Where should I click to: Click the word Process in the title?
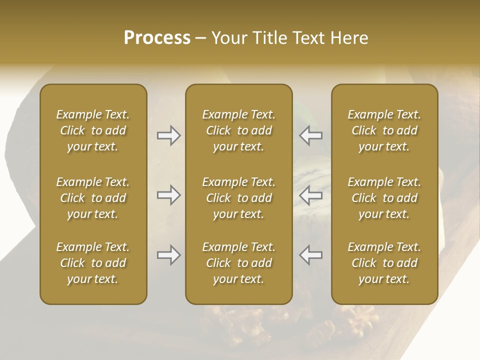pos(157,38)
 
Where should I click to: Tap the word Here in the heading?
pos(349,38)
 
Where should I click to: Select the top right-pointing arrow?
pos(168,135)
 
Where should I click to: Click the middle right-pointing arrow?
pos(168,195)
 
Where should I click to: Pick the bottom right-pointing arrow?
pos(168,255)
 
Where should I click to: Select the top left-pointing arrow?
pos(310,135)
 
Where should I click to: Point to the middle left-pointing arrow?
pos(310,195)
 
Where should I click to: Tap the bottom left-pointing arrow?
pos(310,255)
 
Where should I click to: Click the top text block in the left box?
pos(93,130)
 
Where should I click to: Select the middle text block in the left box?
pos(93,198)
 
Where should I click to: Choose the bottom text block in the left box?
pos(93,263)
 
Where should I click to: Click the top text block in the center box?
pos(239,130)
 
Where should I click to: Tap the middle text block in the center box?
pos(239,198)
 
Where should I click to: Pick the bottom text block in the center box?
pos(239,263)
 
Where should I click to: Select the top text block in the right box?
pos(384,130)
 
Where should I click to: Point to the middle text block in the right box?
pos(384,198)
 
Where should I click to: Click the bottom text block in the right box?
pos(384,263)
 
